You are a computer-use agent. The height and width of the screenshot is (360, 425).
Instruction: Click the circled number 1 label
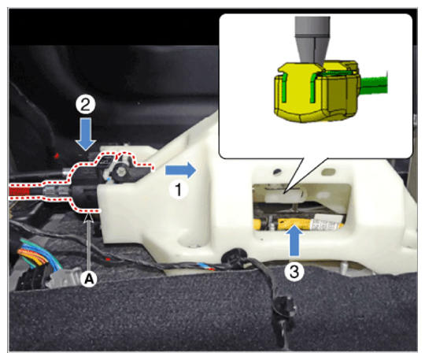pyautogui.click(x=179, y=190)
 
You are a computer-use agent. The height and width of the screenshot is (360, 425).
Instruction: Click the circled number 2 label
pyautogui.click(x=85, y=105)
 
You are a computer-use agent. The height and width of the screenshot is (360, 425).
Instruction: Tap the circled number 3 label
pyautogui.click(x=294, y=271)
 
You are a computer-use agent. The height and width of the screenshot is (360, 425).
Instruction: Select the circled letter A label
pyautogui.click(x=90, y=278)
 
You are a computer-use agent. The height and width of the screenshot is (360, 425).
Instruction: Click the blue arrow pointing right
pyautogui.click(x=181, y=170)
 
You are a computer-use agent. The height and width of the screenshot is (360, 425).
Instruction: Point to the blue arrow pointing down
pyautogui.click(x=85, y=134)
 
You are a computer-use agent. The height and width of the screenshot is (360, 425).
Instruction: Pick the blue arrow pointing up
pyautogui.click(x=294, y=239)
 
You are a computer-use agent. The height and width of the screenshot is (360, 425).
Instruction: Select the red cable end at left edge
pyautogui.click(x=20, y=191)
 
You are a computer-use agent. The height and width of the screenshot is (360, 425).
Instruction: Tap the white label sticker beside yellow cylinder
pyautogui.click(x=327, y=221)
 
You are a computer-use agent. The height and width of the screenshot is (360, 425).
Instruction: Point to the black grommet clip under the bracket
pyautogui.click(x=235, y=258)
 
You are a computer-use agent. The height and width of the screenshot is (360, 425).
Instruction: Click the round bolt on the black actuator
pyautogui.click(x=120, y=172)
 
